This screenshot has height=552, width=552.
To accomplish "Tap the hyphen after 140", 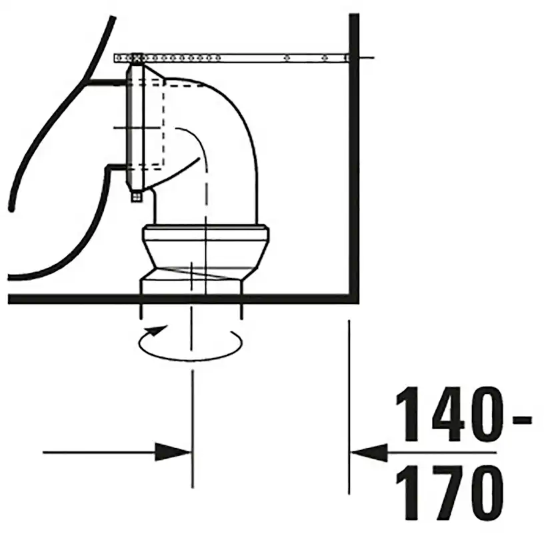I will pos(521,419).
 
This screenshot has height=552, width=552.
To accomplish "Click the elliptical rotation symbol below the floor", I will pos(189,343).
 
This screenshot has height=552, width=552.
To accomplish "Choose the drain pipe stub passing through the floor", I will pos(191,283).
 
